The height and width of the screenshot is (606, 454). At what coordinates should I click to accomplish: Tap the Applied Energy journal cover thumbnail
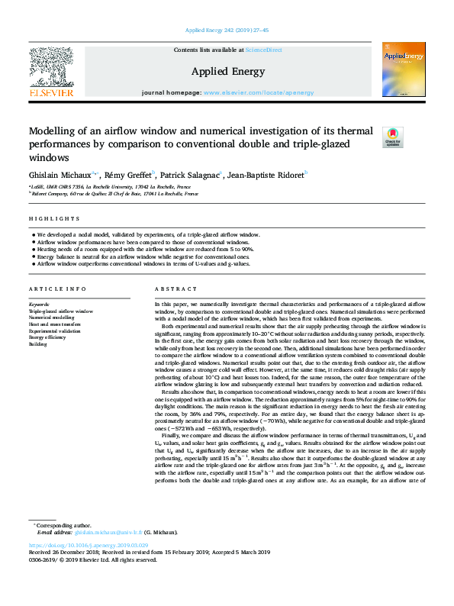tap(404, 69)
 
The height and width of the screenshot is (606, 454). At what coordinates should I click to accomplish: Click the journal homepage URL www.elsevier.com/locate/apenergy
tap(259, 93)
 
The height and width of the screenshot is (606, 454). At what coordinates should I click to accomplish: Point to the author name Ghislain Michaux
tap(60, 175)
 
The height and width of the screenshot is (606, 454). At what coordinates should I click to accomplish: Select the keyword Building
tap(37, 345)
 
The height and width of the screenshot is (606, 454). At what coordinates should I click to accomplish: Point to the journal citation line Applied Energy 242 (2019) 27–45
tap(227, 31)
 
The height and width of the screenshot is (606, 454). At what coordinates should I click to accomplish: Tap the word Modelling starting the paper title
tap(53, 130)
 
